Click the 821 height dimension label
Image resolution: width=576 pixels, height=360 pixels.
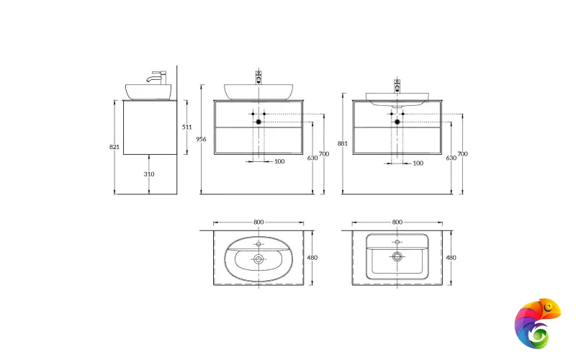114,147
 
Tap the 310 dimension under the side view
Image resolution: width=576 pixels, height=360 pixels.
149,174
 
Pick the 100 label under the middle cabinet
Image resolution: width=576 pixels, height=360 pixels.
279,162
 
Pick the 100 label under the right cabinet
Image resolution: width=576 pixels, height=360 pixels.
418,163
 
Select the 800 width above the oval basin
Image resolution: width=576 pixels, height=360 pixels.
258,222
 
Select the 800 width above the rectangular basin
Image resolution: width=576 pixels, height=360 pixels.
397,222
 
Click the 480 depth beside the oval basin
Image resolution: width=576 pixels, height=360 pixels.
312,257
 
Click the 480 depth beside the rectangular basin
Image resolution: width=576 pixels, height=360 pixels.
451,257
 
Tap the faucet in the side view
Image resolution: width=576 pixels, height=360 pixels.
158,76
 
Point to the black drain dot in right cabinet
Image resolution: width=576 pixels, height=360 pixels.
397,122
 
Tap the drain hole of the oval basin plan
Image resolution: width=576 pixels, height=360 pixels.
258,258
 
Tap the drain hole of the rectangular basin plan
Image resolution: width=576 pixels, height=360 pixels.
397,256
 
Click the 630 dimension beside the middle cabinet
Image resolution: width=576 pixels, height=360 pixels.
312,158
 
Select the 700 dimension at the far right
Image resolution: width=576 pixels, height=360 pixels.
462,154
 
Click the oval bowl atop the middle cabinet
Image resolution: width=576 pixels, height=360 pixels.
258,91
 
